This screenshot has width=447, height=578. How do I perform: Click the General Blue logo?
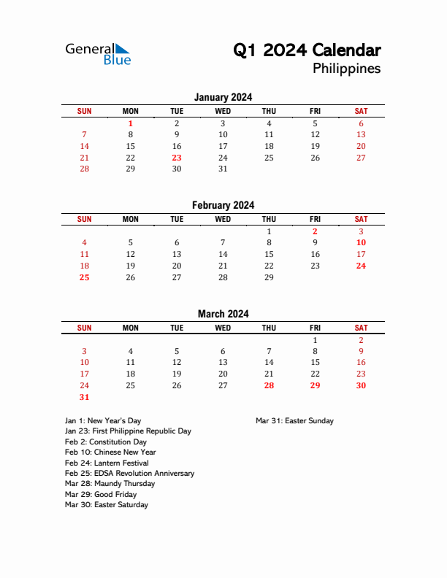(x=98, y=54)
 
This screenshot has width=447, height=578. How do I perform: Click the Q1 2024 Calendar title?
(x=307, y=50)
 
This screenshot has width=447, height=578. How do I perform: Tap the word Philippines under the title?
(x=346, y=69)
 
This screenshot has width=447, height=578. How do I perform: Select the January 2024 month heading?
(x=223, y=97)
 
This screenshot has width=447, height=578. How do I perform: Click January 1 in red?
(x=131, y=124)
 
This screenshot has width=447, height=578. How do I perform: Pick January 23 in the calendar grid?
(x=177, y=158)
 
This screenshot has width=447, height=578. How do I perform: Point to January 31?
(x=223, y=169)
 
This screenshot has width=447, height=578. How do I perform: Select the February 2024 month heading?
(x=223, y=206)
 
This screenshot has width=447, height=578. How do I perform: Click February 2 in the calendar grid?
(x=315, y=232)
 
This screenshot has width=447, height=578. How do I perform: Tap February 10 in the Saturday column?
(x=361, y=243)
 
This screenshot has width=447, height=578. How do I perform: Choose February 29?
(x=269, y=277)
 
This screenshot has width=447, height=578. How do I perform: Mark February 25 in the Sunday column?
(x=85, y=277)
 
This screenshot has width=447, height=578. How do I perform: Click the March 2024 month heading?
(x=223, y=314)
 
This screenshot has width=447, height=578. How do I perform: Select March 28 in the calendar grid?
(x=269, y=385)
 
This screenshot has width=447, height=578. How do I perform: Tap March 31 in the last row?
(x=85, y=397)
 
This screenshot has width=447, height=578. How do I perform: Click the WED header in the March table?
(x=223, y=328)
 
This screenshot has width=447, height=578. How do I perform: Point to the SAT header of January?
(x=361, y=111)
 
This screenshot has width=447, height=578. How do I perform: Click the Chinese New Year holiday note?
(x=110, y=452)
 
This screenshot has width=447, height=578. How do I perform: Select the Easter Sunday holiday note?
(x=294, y=420)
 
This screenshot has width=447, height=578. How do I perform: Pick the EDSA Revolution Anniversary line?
(x=129, y=474)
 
